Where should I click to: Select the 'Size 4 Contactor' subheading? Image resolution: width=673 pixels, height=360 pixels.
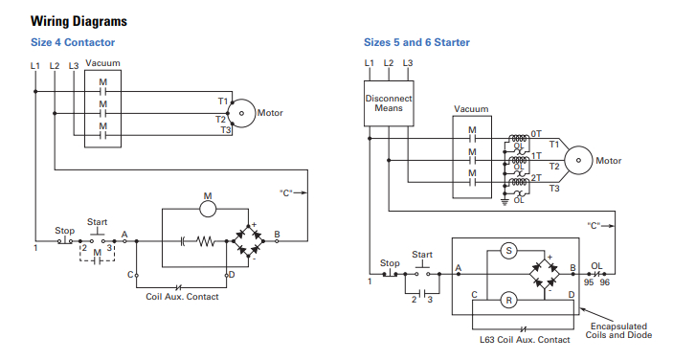click(73, 42)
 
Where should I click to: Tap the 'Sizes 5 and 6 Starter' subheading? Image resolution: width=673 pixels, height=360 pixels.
click(416, 42)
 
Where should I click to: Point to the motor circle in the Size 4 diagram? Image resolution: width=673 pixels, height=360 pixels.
click(244, 113)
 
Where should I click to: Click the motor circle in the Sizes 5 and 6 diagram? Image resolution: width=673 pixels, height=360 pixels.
click(577, 160)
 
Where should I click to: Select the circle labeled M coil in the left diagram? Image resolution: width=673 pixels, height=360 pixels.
click(206, 203)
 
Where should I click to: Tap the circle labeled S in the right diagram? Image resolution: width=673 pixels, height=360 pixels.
click(509, 251)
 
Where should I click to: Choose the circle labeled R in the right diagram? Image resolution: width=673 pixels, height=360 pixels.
click(509, 300)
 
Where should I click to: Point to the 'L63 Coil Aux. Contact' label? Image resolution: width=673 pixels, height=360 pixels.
click(525, 339)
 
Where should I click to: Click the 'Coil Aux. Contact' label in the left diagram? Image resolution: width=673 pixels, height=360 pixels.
click(182, 297)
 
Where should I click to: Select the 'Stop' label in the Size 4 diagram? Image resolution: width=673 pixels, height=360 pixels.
click(64, 231)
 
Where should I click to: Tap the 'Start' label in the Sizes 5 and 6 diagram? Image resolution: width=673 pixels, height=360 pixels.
click(422, 255)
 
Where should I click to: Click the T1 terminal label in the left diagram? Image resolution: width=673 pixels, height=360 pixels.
click(222, 101)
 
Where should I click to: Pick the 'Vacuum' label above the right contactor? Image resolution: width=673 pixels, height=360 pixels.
click(471, 109)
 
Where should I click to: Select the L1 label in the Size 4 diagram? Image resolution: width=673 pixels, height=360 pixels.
click(35, 65)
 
